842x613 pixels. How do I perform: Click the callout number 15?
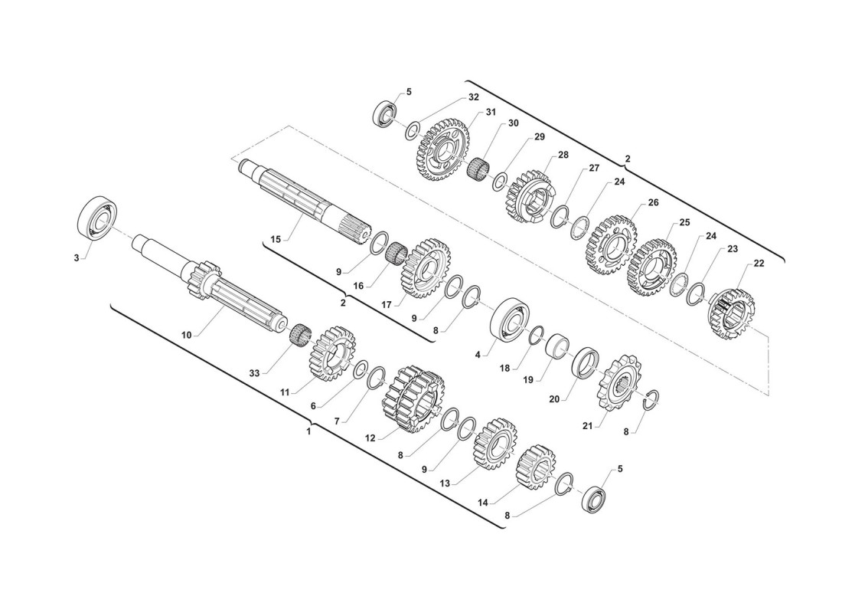(x=276, y=239)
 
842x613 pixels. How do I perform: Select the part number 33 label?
(x=254, y=372)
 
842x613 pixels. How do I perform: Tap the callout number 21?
(x=587, y=426)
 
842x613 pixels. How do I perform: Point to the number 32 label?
(x=473, y=97)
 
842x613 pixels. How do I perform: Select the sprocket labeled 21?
(x=620, y=383)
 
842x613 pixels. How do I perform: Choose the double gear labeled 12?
(x=414, y=399)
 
